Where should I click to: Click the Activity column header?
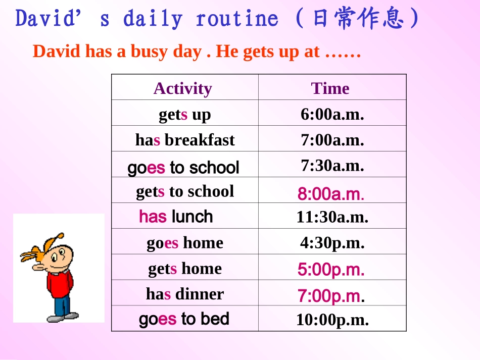point(182,88)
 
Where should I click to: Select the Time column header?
point(330,88)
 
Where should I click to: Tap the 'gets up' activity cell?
point(184,115)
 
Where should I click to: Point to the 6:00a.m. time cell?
point(332,114)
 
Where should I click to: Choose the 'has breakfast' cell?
point(185,140)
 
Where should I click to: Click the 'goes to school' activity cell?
point(183,167)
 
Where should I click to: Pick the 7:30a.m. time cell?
point(332,165)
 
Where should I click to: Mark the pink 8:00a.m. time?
point(331,194)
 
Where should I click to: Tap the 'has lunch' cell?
point(176,217)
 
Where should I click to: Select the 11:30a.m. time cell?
point(332,217)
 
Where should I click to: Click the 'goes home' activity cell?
point(185,243)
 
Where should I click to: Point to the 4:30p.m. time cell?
point(332,243)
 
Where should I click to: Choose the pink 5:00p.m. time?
point(331,270)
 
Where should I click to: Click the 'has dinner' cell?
point(185,294)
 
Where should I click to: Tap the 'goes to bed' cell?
point(184,319)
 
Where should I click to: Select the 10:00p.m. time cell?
point(332,320)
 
